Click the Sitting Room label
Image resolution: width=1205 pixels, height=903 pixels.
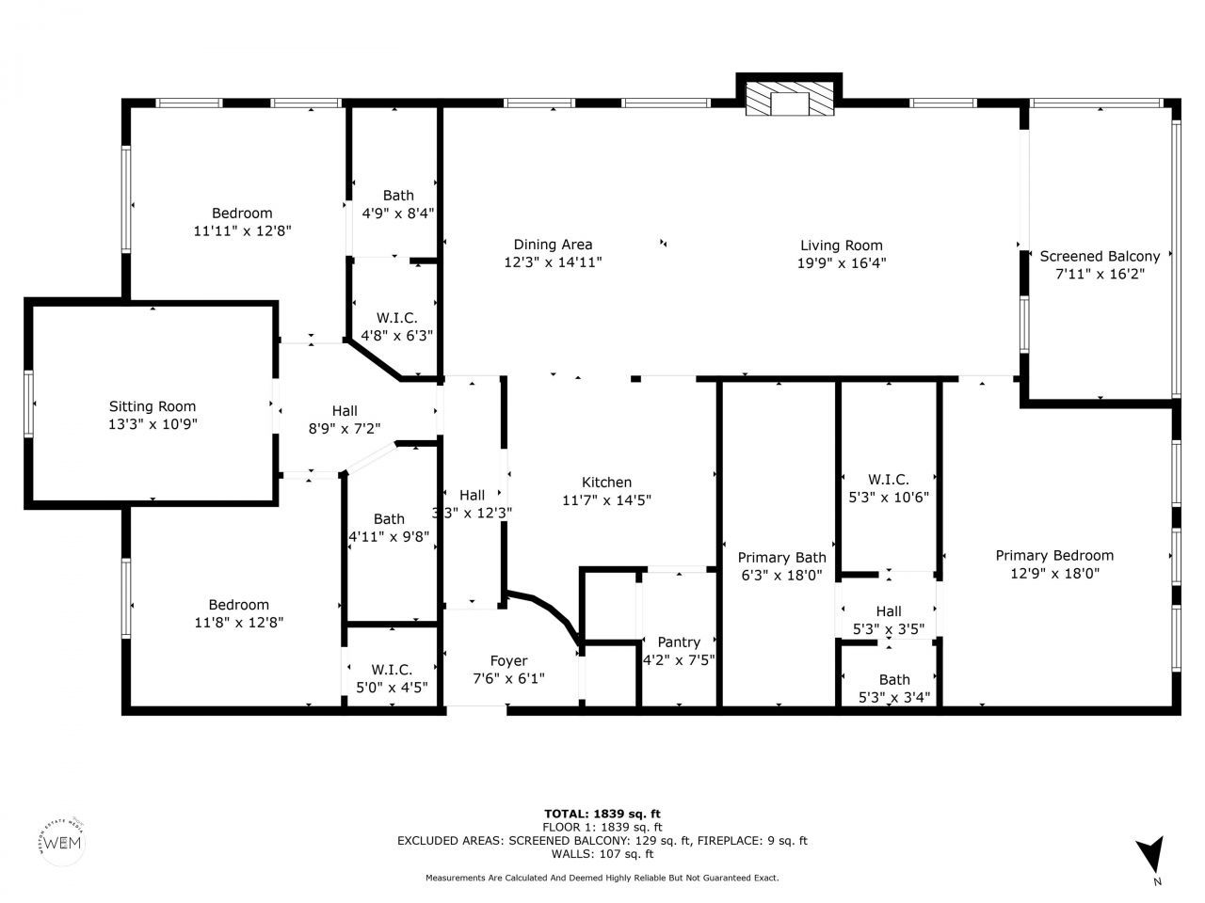coord(153,406)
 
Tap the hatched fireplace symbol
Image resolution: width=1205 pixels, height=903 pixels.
coord(789,98)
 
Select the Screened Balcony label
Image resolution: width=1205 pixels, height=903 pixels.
coord(1100,256)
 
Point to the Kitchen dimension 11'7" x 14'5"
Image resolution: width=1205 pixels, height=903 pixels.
coord(606,499)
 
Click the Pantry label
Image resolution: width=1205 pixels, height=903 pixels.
coord(678,642)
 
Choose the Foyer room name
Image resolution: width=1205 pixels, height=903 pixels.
coord(508,660)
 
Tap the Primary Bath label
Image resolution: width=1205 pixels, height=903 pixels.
coord(781,557)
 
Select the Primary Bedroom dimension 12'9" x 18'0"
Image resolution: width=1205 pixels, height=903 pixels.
coord(1054,573)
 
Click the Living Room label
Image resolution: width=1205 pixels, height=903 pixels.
coord(841,245)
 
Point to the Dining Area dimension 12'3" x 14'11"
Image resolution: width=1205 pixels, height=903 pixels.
coord(553,262)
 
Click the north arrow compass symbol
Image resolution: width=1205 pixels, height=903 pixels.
coord(1149,857)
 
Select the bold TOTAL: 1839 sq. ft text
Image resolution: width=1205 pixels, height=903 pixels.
coord(602,813)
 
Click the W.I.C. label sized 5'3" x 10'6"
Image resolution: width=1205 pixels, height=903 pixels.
coord(889,480)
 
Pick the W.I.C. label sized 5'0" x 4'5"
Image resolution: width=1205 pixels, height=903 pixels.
coord(392,669)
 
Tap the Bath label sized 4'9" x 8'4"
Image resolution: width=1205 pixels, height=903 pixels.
coord(397,195)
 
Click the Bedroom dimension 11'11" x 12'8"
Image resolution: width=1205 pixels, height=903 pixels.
coord(242,230)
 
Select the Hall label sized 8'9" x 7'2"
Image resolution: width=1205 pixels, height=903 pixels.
coord(345,410)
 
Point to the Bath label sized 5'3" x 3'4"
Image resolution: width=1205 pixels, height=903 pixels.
coord(894,679)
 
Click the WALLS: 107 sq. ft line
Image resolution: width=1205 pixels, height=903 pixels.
coord(602,854)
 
